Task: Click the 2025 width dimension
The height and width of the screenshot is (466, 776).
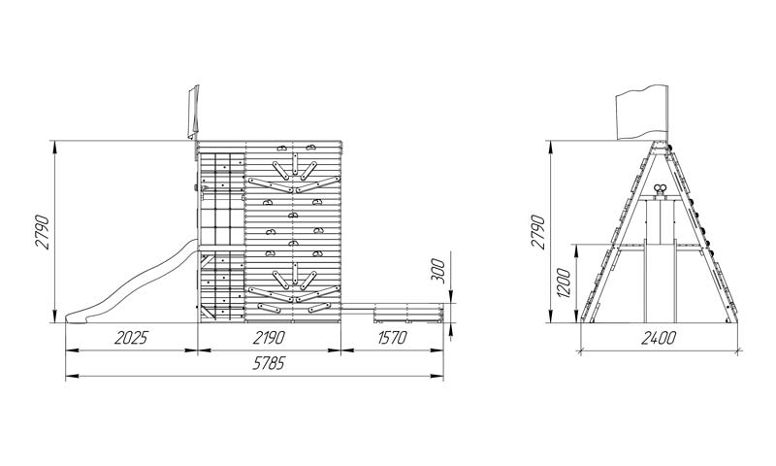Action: (131, 337)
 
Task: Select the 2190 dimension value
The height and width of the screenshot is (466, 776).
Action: (270, 337)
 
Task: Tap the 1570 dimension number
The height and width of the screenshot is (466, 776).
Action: (392, 337)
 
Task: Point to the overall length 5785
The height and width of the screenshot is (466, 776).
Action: (270, 363)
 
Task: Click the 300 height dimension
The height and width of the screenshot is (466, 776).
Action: (438, 271)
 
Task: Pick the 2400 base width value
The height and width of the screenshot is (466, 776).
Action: (659, 338)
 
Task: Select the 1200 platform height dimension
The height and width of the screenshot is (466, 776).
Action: (564, 283)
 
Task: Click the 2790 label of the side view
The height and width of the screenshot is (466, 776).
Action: (538, 232)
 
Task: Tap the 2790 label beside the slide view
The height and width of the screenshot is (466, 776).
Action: (42, 232)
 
